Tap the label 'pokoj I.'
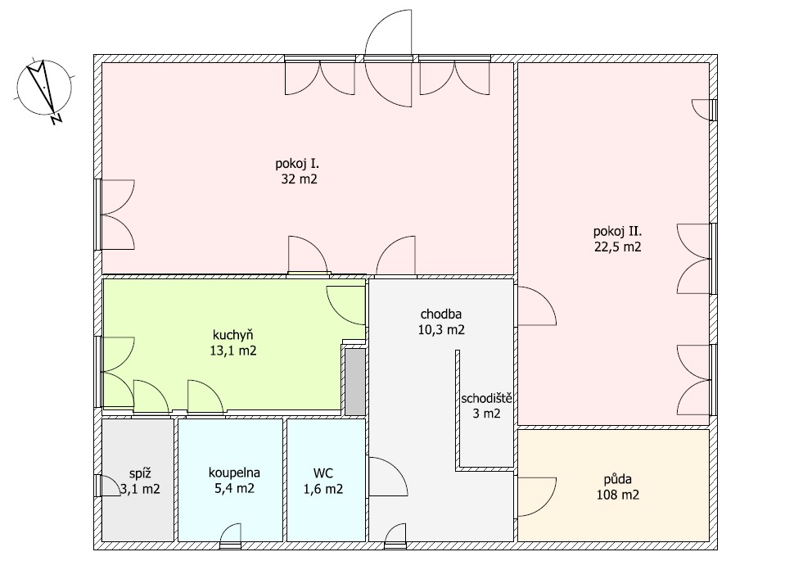tap(297, 164)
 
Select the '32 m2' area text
tap(299, 179)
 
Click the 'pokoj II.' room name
tap(618, 232)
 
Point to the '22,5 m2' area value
tap(618, 247)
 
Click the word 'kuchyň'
tap(233, 335)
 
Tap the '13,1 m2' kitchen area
tap(233, 351)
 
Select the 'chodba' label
tap(441, 314)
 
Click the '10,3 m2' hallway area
tap(441, 329)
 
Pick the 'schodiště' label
tap(486, 398)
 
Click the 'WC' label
tap(323, 473)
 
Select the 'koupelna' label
tap(234, 473)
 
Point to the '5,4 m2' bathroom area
tap(234, 488)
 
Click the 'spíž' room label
tap(140, 473)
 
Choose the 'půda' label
tap(617, 480)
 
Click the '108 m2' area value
tap(618, 495)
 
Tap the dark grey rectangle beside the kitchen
tap(355, 382)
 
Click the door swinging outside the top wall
tap(389, 32)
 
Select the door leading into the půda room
tap(536, 497)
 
